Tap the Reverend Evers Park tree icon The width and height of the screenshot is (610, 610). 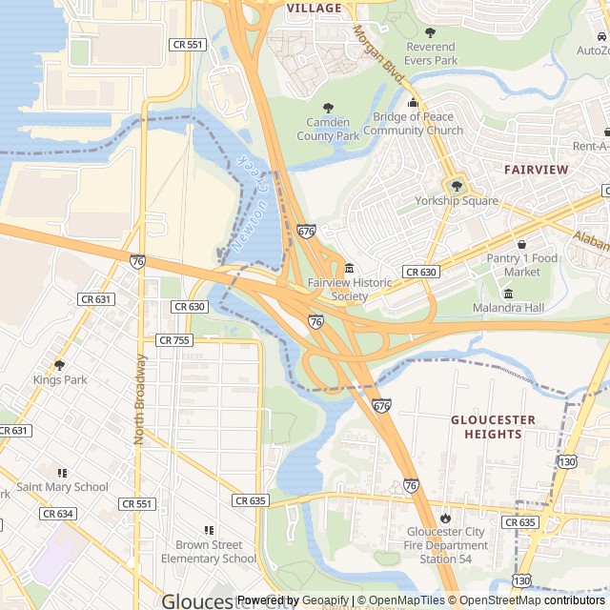[430, 33]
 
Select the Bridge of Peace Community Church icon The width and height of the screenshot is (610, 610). [413, 104]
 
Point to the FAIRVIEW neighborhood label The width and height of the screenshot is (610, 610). [536, 169]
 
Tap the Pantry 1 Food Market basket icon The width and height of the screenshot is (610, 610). [521, 245]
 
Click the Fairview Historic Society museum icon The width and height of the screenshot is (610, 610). [350, 270]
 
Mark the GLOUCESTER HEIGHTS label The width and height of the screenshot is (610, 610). [493, 426]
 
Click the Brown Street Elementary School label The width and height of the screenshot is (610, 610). [209, 552]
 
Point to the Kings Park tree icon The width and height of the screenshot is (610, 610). [59, 365]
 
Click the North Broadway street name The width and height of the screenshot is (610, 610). [140, 398]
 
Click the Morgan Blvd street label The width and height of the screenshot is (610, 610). [379, 51]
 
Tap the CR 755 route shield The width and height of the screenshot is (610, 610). [174, 340]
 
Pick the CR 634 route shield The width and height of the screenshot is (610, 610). [57, 514]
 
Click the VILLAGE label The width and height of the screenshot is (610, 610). [314, 8]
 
